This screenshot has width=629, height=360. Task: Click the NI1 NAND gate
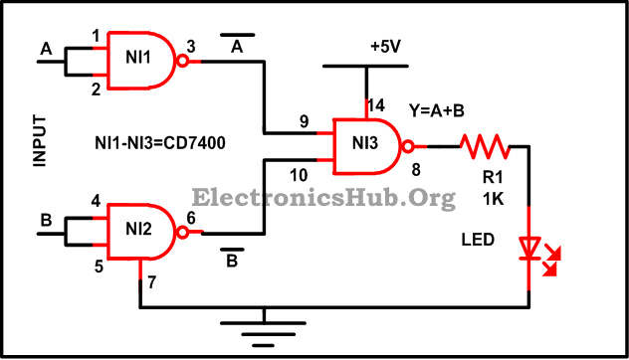coord(138,61)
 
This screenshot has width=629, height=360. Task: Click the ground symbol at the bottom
coord(263,329)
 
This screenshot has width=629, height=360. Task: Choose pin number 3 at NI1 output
coord(190,47)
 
